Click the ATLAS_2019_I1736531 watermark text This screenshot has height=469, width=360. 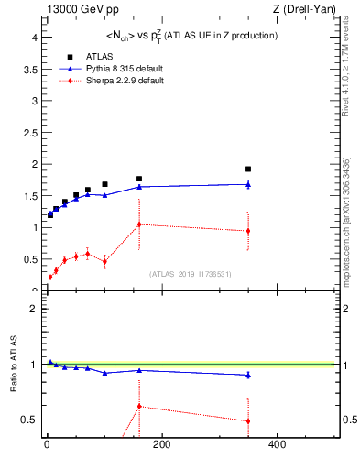190,274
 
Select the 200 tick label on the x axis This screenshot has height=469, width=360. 161,446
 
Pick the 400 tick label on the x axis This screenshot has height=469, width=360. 276,446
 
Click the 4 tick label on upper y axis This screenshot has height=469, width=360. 32,38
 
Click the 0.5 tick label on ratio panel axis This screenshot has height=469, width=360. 28,420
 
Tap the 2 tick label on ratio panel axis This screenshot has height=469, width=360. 32,309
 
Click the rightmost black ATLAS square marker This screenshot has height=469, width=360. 248,169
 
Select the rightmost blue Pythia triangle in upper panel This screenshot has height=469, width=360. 248,184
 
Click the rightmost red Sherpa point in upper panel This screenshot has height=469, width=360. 248,231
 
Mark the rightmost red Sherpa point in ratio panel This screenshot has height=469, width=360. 248,421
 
